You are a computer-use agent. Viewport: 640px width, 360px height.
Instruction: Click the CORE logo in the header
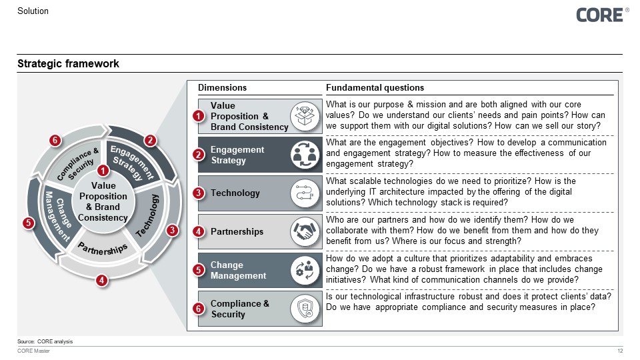(600, 15)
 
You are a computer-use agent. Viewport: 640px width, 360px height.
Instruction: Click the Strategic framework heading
(68, 64)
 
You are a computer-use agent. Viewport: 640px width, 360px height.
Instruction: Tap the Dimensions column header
(222, 88)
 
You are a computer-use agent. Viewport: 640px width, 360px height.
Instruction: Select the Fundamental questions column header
(375, 88)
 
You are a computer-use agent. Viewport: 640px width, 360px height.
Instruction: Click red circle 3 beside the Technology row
(198, 193)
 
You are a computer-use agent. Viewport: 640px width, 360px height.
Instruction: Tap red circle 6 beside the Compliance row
(198, 309)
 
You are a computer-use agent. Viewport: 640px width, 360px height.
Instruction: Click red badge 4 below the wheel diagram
(101, 281)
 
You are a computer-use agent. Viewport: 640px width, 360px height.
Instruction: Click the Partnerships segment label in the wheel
(103, 249)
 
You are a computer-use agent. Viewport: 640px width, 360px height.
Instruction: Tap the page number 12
(621, 351)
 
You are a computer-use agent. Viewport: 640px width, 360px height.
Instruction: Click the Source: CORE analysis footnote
(45, 341)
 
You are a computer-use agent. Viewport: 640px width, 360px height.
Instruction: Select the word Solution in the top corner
(33, 11)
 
